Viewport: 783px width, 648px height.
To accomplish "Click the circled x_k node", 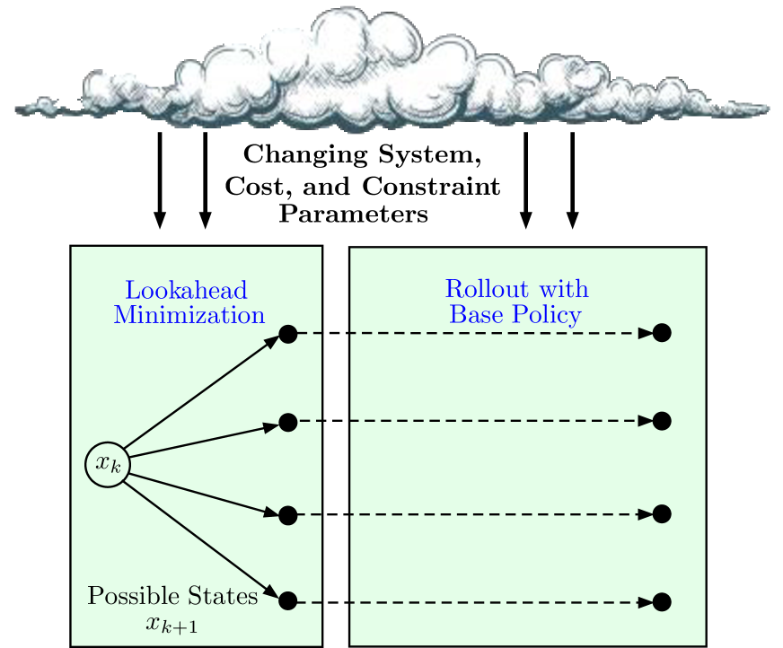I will pyautogui.click(x=108, y=465).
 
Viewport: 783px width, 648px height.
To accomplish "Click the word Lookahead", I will pyautogui.click(x=186, y=291).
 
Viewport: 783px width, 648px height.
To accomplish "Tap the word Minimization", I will pyautogui.click(x=189, y=315).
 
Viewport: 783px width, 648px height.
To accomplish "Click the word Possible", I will pyautogui.click(x=128, y=597).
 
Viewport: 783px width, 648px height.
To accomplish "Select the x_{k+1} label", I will pyautogui.click(x=172, y=624).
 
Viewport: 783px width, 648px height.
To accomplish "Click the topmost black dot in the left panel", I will pyautogui.click(x=288, y=334).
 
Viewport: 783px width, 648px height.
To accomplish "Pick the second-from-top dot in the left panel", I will pyautogui.click(x=288, y=423).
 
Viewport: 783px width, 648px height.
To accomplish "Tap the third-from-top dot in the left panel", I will pyautogui.click(x=288, y=515).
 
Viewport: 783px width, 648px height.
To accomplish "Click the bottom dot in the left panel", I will pyautogui.click(x=288, y=601).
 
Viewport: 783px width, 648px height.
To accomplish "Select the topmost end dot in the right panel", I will pyautogui.click(x=662, y=333).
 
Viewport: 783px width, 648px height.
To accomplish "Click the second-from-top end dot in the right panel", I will pyautogui.click(x=662, y=421).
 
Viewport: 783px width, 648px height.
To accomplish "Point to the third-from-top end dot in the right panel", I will pyautogui.click(x=662, y=514).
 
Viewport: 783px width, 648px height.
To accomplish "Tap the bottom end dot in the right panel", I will pyautogui.click(x=662, y=601).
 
